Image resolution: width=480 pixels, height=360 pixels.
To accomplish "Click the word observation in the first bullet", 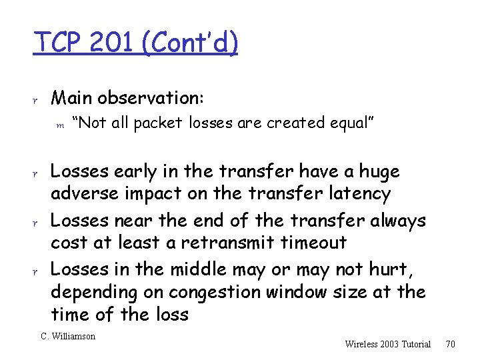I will click(x=151, y=97).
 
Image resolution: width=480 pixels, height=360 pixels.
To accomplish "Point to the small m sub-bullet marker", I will click(x=59, y=125).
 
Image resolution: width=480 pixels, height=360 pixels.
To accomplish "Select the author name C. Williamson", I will click(x=68, y=337).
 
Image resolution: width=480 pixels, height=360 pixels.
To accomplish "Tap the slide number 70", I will click(x=451, y=344).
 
